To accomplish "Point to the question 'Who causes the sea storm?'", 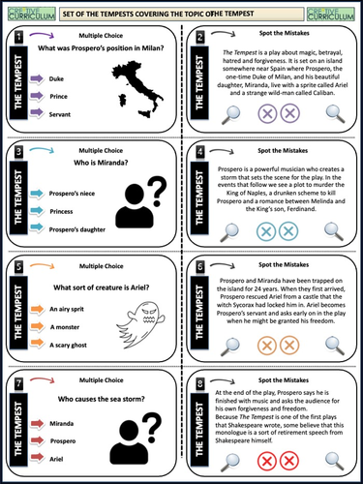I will [x=107, y=398].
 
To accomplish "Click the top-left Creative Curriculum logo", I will [x=26, y=11].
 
